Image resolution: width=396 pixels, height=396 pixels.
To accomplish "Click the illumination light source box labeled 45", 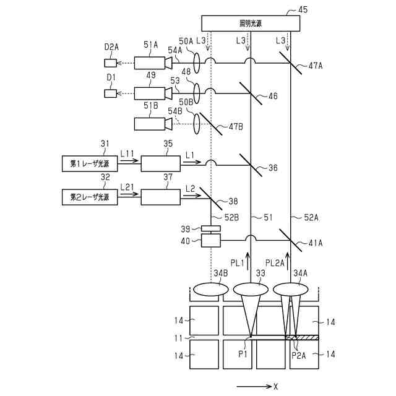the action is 251,24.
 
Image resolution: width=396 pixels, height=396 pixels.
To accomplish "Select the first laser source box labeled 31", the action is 90,163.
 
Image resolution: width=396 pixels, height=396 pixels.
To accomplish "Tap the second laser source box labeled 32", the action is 90,197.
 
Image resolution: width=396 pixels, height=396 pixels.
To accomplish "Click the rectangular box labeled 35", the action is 161,163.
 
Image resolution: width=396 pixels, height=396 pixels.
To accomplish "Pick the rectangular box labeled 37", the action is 161,197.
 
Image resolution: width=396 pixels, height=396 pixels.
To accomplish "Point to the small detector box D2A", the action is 111,63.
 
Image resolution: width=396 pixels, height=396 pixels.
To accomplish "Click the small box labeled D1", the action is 111,93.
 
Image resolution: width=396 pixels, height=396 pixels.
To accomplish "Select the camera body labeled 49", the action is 150,93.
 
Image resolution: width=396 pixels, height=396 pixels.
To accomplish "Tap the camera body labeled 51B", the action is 150,124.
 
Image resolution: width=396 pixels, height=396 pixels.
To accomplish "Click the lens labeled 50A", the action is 197,63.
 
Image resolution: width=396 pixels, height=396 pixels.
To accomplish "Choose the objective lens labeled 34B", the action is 210,289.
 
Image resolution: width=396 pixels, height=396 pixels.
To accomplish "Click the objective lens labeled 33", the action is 251,289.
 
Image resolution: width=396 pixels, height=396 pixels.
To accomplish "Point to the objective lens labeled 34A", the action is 290,289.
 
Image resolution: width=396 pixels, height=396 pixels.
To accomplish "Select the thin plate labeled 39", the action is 211,228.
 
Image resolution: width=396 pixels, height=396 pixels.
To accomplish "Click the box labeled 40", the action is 211,240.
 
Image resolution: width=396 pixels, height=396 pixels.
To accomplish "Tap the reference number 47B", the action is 236,126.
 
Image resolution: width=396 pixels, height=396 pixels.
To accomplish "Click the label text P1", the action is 243,354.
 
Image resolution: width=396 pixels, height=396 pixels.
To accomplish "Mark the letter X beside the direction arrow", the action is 275,386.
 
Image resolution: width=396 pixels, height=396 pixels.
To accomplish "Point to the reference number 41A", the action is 316,243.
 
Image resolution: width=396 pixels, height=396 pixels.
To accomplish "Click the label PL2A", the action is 275,263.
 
